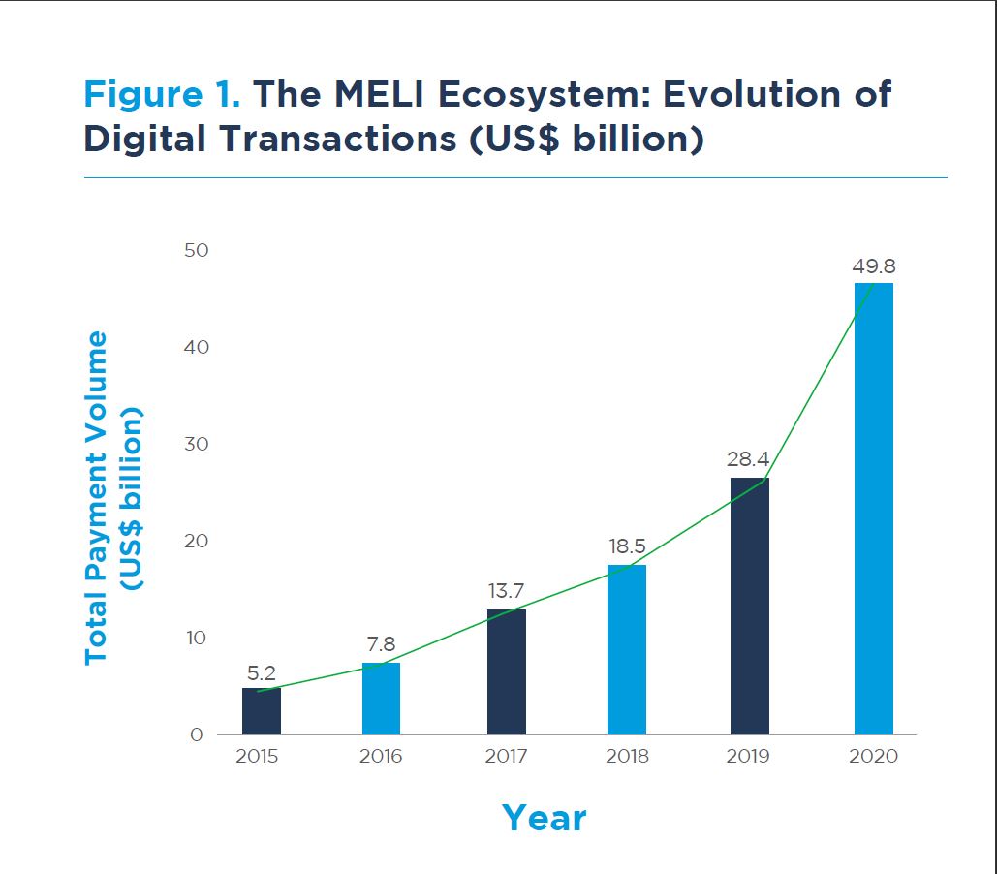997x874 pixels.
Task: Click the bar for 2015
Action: [262, 711]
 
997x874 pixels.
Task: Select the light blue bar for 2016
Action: [381, 699]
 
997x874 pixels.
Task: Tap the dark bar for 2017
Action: [507, 671]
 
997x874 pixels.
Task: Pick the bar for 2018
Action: [627, 649]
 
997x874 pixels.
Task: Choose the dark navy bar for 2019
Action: [750, 606]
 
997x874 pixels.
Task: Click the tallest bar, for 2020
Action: [874, 509]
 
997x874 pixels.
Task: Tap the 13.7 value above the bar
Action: [506, 591]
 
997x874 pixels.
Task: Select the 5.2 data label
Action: [261, 673]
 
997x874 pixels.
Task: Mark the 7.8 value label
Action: [381, 644]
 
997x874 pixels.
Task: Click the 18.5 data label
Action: [627, 547]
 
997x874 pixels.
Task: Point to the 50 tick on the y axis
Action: [196, 250]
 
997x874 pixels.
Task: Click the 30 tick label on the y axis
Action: [196, 444]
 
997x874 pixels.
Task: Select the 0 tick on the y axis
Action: [198, 735]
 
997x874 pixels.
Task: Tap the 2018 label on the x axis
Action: [627, 757]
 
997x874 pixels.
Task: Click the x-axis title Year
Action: [544, 819]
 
